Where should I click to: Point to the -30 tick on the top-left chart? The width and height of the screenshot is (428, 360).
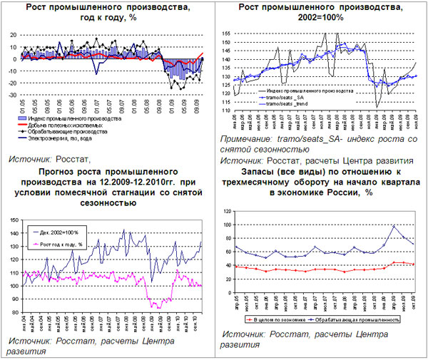coord(13,95)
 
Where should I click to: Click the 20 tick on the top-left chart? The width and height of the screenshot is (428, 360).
coord(14,35)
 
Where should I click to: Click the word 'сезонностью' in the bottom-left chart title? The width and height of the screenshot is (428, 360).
coord(112,203)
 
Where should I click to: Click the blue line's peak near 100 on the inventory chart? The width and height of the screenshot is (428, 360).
coord(394,226)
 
